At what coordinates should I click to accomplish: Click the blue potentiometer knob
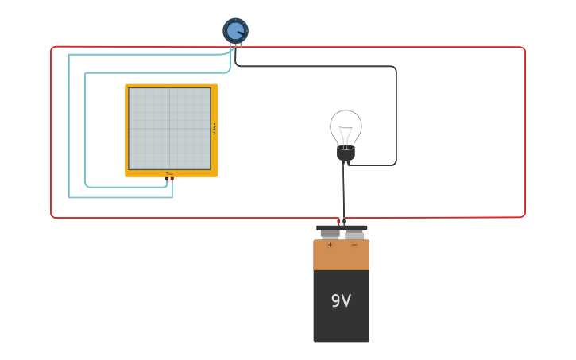coord(235,31)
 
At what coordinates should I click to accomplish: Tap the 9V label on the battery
coord(341,301)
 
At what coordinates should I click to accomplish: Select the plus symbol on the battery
coord(330,245)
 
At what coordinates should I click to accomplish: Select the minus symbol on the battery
coord(354,245)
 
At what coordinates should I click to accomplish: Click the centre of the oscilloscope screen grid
coord(169,129)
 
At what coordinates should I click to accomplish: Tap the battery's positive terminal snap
coord(330,234)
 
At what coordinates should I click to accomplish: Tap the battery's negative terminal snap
coord(354,234)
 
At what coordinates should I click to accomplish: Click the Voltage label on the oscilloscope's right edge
coord(214,129)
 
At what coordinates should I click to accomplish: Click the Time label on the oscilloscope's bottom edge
coord(169,173)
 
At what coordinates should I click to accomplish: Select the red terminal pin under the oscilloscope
coord(172,180)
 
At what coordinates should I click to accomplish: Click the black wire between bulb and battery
coord(343,191)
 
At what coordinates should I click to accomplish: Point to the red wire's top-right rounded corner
coord(523,49)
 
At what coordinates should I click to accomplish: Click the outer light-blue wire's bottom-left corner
coord(70,196)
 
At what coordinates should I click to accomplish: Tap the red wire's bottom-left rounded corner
coord(53,215)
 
